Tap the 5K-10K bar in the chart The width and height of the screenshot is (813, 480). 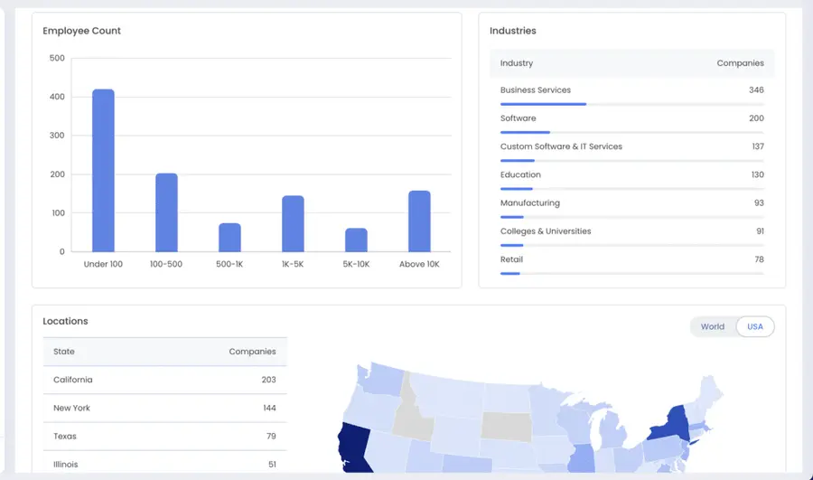[x=356, y=240]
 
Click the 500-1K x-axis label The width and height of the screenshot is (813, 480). [x=229, y=264]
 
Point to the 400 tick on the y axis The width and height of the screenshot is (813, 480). [x=57, y=97]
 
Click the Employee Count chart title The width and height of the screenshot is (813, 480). [x=81, y=31]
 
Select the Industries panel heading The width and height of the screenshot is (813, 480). [x=512, y=31]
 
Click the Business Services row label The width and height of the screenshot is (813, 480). [x=536, y=90]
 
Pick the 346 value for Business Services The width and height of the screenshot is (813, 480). [x=755, y=90]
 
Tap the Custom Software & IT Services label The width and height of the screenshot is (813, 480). [x=561, y=146]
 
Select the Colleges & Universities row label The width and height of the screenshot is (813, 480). [x=546, y=231]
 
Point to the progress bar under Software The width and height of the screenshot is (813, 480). [x=525, y=132]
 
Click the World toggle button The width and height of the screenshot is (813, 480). [x=713, y=326]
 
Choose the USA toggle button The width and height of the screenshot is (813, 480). [x=755, y=326]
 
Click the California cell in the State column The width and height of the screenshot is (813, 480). [x=73, y=380]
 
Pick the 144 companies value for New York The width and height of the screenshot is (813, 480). [x=268, y=408]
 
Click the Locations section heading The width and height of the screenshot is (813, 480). [x=65, y=321]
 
